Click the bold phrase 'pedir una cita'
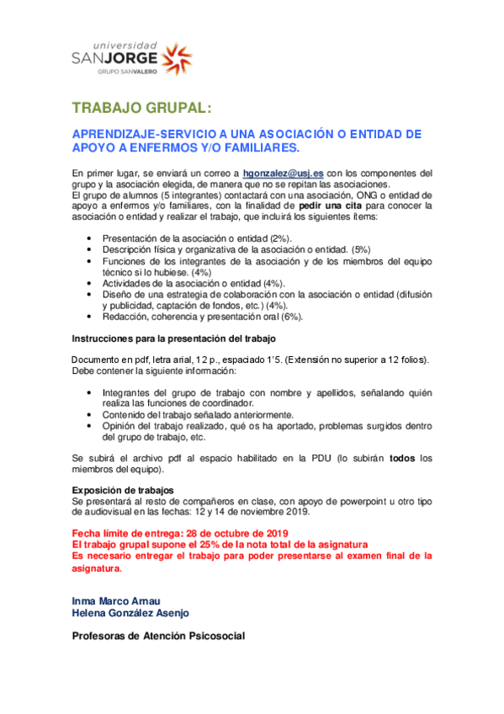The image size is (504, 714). (x=333, y=205)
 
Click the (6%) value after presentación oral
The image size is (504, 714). (x=314, y=317)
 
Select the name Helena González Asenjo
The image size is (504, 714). (x=130, y=613)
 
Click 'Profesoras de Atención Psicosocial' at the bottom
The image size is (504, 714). (x=158, y=636)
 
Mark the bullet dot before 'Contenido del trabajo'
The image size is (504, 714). (x=90, y=415)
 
